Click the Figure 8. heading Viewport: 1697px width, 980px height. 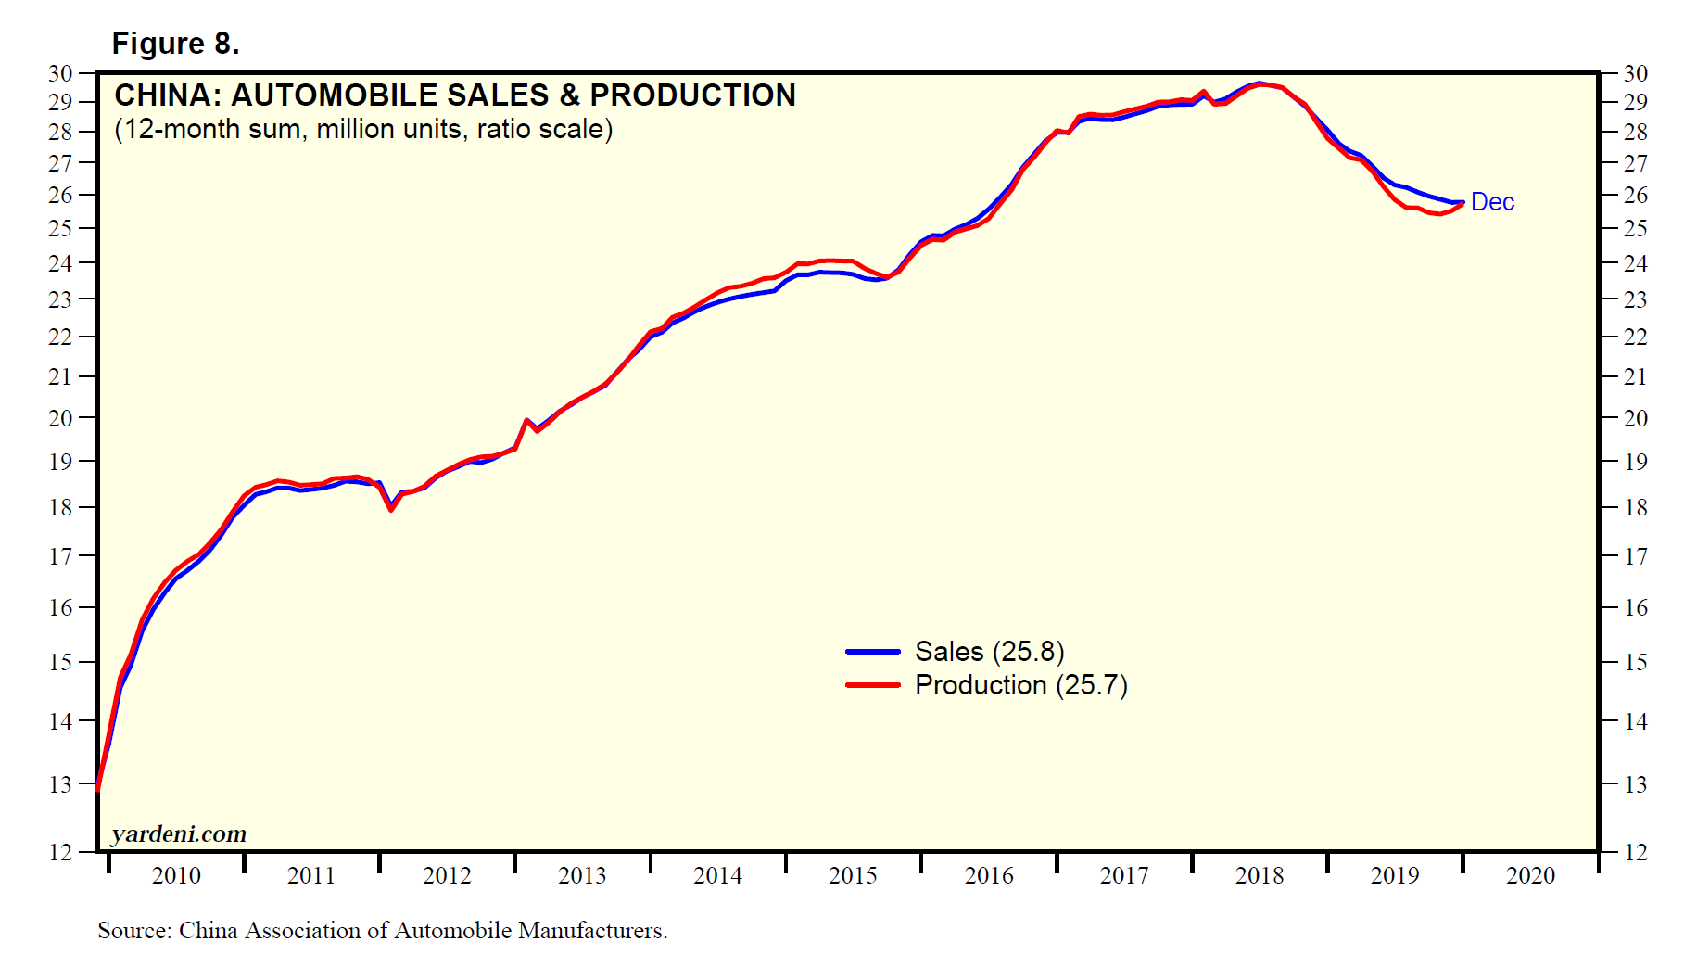[x=175, y=44]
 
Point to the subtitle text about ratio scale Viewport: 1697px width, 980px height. [x=363, y=129]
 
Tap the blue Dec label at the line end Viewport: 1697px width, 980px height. [x=1492, y=202]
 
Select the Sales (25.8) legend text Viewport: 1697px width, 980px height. [x=989, y=652]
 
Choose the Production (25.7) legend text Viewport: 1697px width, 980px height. [x=1020, y=685]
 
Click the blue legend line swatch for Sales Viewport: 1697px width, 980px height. [x=872, y=652]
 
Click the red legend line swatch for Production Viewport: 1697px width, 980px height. [x=872, y=685]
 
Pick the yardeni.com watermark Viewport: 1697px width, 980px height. [x=179, y=834]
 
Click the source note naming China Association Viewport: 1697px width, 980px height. [x=382, y=930]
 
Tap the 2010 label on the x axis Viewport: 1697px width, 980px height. [x=176, y=875]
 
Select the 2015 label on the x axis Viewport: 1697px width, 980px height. [x=853, y=875]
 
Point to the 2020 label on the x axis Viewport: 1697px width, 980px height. [x=1530, y=875]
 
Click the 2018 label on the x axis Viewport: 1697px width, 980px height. [x=1260, y=875]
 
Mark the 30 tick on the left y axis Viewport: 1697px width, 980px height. [x=60, y=73]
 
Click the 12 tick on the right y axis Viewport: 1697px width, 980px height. [x=1636, y=852]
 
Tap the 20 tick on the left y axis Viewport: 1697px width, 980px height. [x=60, y=418]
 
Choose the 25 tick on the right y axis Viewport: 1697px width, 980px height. [x=1636, y=228]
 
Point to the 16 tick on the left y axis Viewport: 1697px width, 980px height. [x=60, y=607]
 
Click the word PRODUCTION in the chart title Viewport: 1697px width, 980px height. [x=692, y=95]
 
